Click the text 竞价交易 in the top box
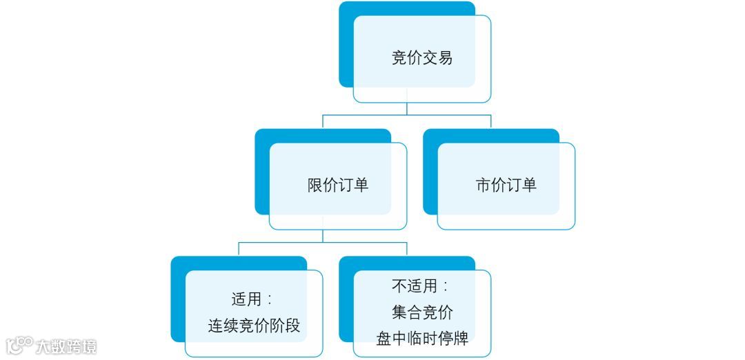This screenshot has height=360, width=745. click(421, 59)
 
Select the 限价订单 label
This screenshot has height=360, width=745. click(337, 186)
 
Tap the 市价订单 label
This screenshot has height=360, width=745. click(506, 186)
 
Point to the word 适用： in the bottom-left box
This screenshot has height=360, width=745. click(251, 300)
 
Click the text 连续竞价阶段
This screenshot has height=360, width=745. click(254, 326)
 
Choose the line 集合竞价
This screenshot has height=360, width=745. click(422, 312)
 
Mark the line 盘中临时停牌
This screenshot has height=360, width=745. click(422, 339)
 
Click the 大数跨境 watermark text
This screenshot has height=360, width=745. click(66, 346)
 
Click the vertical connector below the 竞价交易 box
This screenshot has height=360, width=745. click(407, 109)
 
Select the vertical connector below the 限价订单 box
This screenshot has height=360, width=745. click(323, 236)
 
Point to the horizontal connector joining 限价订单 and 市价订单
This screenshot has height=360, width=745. click(407, 115)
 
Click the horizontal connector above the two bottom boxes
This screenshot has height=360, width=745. click(323, 242)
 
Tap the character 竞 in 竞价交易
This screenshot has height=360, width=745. click(399, 59)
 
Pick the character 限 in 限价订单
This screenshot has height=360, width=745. click(315, 186)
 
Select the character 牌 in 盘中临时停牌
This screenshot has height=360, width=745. click(461, 339)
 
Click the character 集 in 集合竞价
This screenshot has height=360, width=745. click(399, 312)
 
